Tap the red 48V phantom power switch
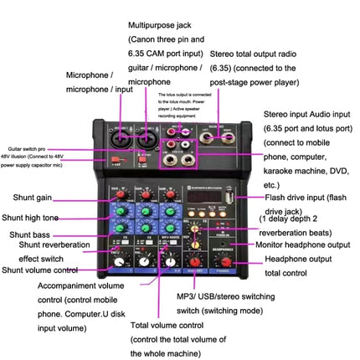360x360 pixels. point(116,159)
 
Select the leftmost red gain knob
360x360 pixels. point(122,194)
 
